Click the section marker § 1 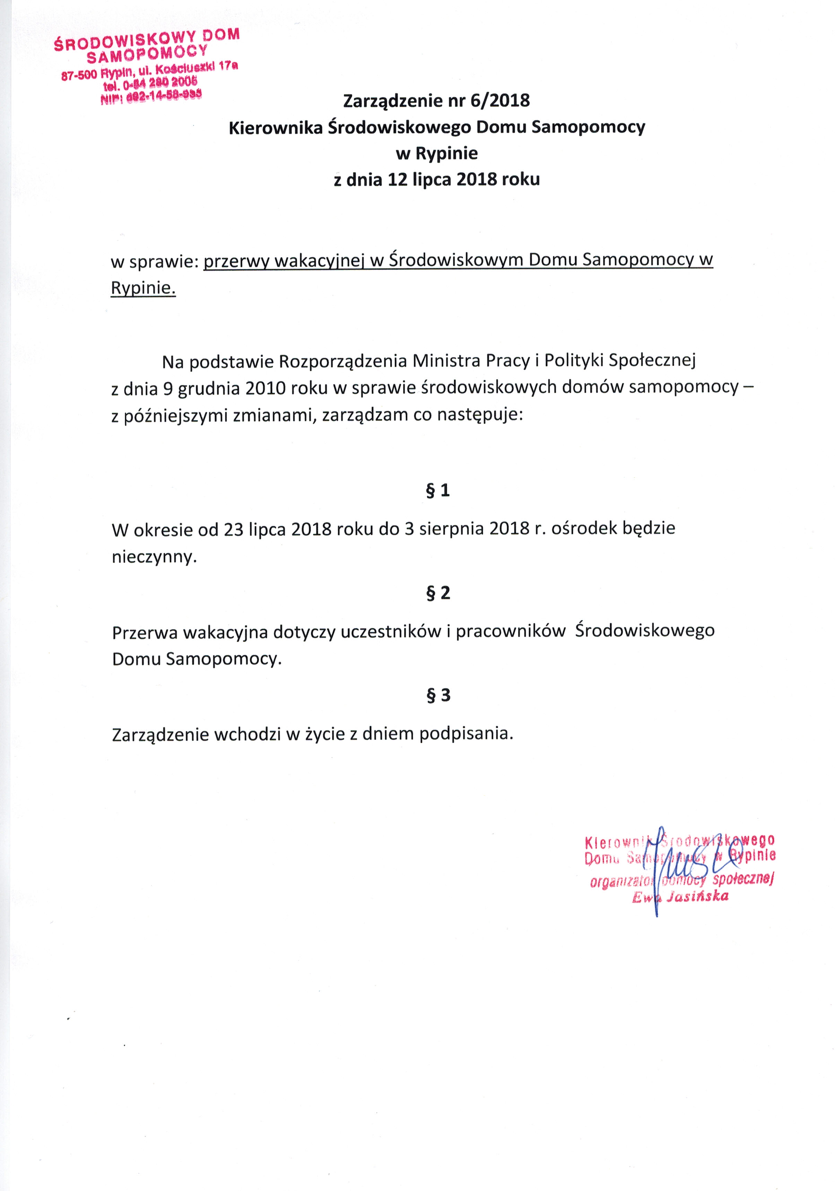438,490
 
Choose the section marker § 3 438,695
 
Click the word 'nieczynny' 154,557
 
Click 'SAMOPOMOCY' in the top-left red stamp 147,54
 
